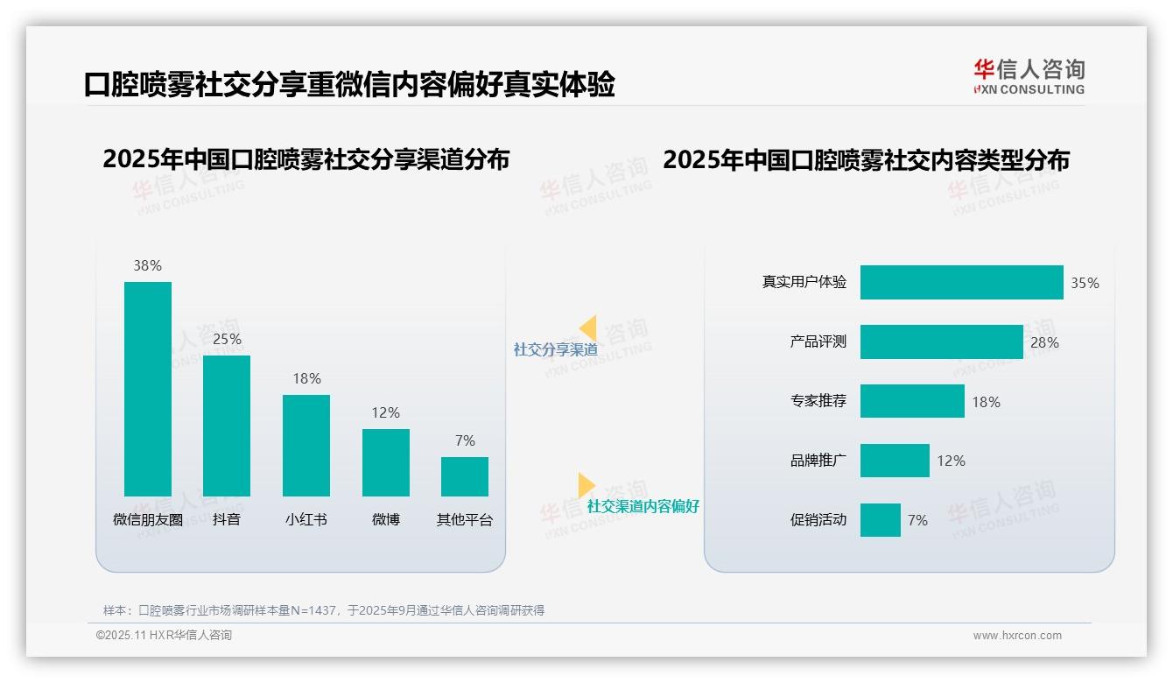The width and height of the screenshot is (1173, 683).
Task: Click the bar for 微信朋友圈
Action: tap(148, 389)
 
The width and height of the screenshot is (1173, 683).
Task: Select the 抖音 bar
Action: tap(227, 426)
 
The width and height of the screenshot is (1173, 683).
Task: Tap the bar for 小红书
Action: tap(306, 445)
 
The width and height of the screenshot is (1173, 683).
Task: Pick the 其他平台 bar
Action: tap(465, 476)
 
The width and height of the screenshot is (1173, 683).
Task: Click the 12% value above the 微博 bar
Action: tap(385, 412)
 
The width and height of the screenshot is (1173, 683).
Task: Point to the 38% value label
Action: tap(147, 265)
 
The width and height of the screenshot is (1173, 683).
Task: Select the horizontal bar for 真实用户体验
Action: tap(961, 283)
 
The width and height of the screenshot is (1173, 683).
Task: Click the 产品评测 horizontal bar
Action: tap(941, 342)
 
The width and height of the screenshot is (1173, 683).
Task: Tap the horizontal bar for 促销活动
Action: tap(880, 520)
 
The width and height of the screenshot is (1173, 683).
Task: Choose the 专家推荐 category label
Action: tap(818, 402)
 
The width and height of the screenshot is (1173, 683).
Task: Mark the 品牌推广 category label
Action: tap(818, 461)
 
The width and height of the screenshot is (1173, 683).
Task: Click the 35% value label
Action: tap(1085, 284)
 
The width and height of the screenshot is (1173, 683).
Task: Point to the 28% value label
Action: tap(1044, 342)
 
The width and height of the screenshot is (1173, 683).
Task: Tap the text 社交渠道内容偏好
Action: tap(643, 506)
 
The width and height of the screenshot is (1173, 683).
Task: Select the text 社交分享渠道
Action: tap(555, 349)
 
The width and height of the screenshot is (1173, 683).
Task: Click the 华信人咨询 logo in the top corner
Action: tap(1029, 76)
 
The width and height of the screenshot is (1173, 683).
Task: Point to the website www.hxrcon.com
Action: tap(1017, 636)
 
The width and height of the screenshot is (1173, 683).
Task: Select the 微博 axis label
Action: tap(385, 519)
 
